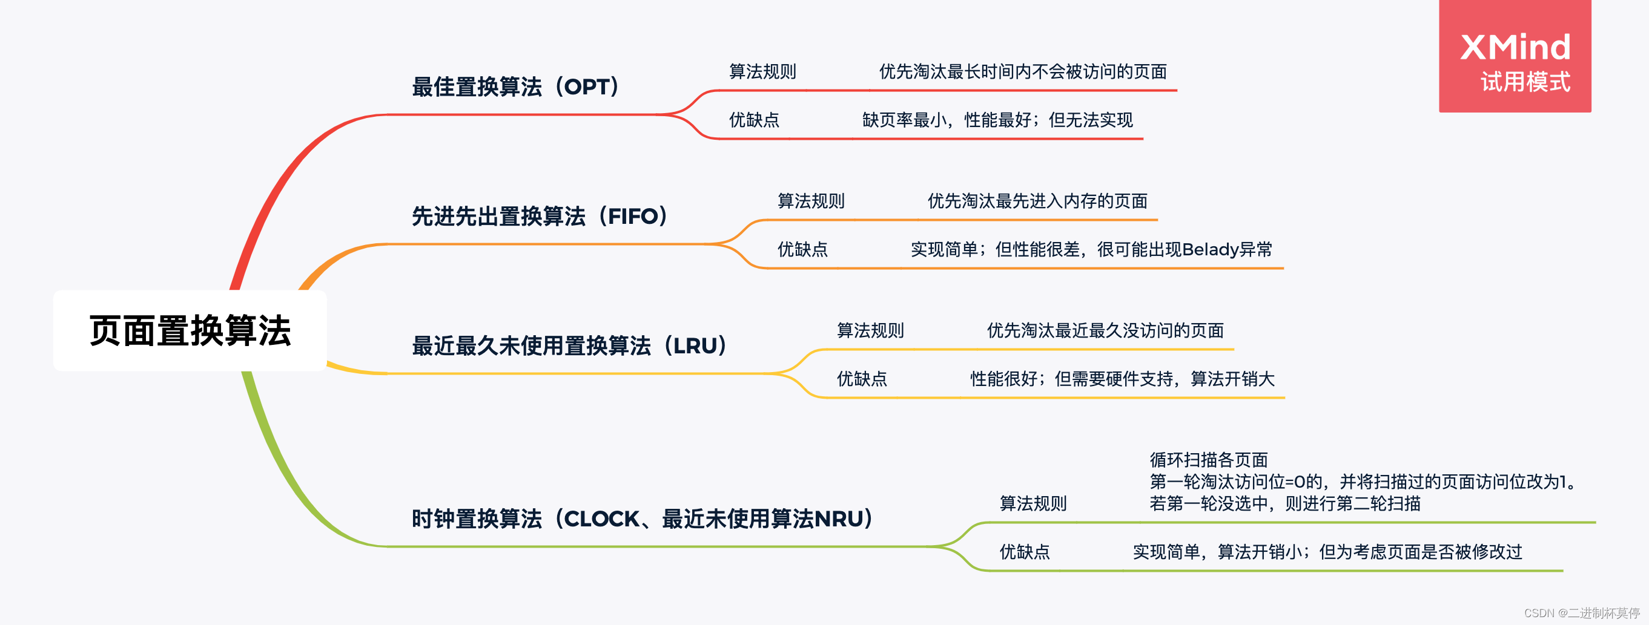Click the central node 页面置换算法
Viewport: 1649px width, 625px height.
(x=190, y=331)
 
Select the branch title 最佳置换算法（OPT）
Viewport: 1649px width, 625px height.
(x=516, y=87)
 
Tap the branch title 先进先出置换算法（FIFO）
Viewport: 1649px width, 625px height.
(x=540, y=216)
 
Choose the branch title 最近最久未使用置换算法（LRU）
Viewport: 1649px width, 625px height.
(x=570, y=346)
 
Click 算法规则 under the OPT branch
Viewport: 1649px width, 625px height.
(x=762, y=71)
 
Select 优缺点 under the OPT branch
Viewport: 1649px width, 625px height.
(x=754, y=120)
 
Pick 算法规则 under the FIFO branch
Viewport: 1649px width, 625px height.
(x=811, y=201)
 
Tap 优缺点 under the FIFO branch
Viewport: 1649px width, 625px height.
(x=803, y=249)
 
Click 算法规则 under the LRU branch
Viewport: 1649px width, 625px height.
(x=871, y=331)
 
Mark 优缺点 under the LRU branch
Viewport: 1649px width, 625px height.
(x=862, y=379)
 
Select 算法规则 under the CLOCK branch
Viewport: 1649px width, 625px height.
(x=1033, y=503)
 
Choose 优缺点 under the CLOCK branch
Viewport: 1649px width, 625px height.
(x=1025, y=551)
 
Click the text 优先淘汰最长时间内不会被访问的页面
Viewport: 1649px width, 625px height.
(x=1023, y=71)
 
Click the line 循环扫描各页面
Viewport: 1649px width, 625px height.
(x=1209, y=460)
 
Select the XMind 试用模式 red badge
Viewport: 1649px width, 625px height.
(x=1515, y=56)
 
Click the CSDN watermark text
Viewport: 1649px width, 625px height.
(x=1582, y=613)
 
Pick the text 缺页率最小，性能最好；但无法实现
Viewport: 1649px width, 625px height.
(x=997, y=120)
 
